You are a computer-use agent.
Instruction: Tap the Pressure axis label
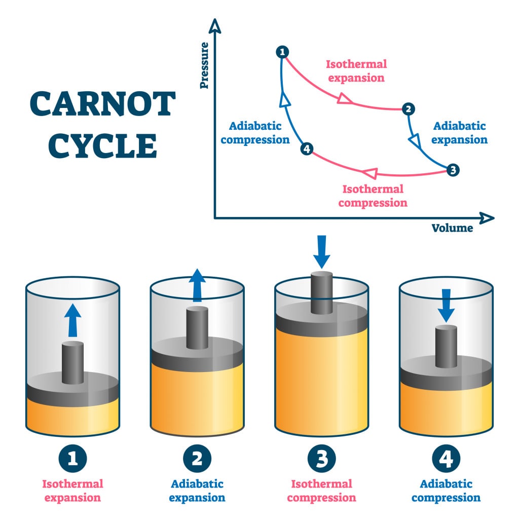204,65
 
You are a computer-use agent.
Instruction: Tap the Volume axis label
452,228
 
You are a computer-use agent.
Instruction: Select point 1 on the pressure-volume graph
282,52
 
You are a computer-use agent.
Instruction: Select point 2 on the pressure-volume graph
407,108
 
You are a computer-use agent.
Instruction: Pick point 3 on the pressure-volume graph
453,170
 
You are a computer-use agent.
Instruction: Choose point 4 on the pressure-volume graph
306,149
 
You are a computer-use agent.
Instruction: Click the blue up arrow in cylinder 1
73,320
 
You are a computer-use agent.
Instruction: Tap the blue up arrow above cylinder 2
197,284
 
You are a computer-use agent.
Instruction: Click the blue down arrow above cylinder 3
321,251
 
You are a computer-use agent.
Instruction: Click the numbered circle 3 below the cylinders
321,459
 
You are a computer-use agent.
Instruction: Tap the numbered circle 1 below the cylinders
73,459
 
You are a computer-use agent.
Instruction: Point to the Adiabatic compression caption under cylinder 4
446,491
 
